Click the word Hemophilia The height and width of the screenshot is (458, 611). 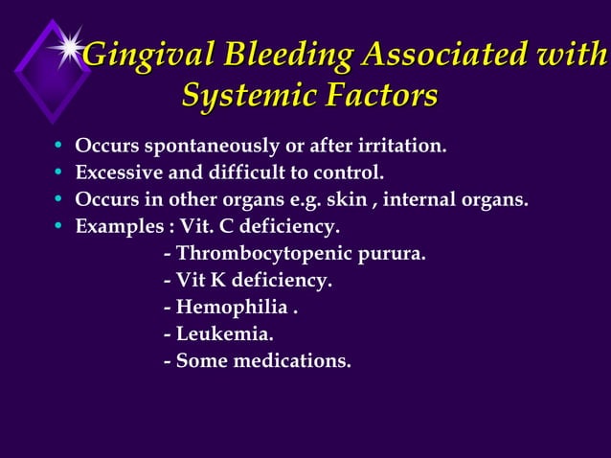pos(232,309)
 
